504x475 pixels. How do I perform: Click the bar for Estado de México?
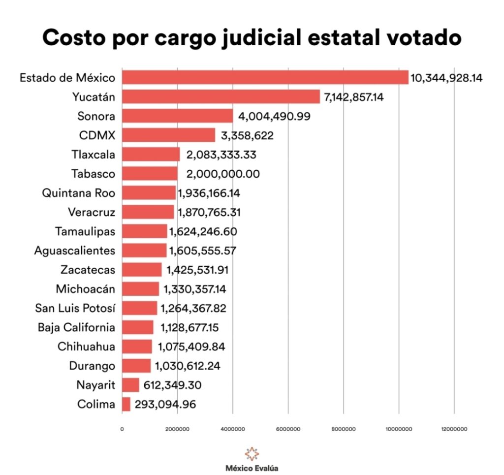click(x=265, y=77)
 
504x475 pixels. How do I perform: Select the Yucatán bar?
click(x=220, y=96)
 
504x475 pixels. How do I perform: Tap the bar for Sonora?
click(x=177, y=116)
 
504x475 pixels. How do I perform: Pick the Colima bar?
click(x=126, y=404)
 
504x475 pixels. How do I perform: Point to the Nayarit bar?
click(x=130, y=385)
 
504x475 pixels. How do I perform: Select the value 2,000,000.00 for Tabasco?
click(x=223, y=174)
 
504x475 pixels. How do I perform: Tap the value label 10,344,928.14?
click(x=447, y=78)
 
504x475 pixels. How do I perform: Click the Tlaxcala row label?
click(x=93, y=155)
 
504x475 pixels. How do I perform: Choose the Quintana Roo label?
click(x=79, y=193)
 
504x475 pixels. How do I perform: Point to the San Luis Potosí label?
click(x=75, y=308)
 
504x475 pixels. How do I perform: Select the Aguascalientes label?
click(x=75, y=251)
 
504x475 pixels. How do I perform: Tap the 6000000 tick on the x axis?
click(x=288, y=429)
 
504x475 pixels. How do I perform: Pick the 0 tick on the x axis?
click(x=122, y=429)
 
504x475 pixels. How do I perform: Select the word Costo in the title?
click(x=72, y=38)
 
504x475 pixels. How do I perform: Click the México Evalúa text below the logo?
click(x=251, y=468)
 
